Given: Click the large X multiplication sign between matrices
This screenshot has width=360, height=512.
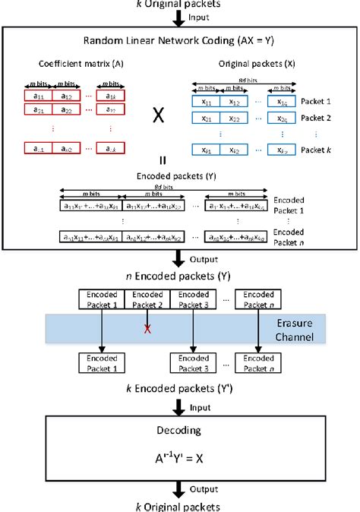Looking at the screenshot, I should click(x=159, y=116).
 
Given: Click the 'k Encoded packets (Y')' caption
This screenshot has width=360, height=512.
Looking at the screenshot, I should click(x=180, y=389).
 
